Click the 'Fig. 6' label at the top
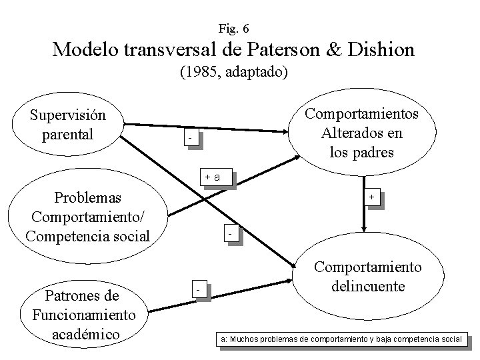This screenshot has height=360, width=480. tap(233, 28)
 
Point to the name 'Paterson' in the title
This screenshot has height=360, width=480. tap(272, 50)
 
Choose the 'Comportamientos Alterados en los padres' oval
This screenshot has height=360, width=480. tap(361, 133)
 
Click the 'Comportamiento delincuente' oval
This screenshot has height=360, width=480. tap(367, 277)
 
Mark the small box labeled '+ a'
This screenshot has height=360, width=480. tap(217, 177)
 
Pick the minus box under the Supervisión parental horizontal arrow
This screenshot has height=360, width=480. tap(190, 138)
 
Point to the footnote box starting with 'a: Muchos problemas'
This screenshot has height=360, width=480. tap(341, 339)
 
